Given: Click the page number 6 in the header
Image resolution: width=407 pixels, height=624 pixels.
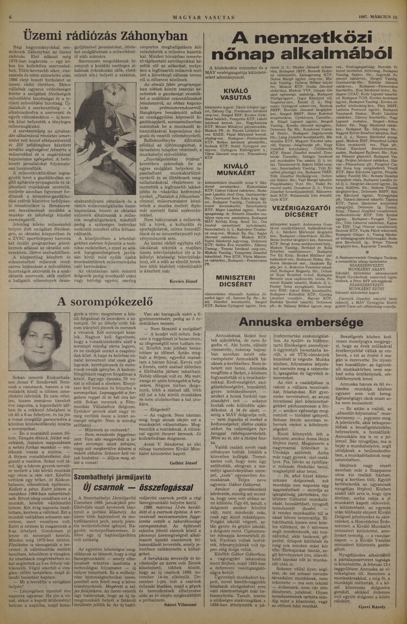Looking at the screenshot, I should point(10,17).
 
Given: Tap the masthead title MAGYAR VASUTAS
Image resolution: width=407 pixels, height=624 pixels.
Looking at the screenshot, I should point(203,17).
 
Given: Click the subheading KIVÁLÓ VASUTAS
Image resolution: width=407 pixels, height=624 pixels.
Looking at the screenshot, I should point(236,94).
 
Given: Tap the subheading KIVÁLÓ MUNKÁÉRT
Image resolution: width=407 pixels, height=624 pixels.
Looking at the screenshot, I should point(236,170).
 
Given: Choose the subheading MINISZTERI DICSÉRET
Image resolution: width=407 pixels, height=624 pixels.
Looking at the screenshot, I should point(236,281).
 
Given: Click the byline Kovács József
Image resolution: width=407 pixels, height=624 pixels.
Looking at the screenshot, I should point(183,281).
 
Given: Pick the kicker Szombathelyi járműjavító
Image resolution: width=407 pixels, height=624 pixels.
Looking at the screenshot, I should point(112,477).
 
